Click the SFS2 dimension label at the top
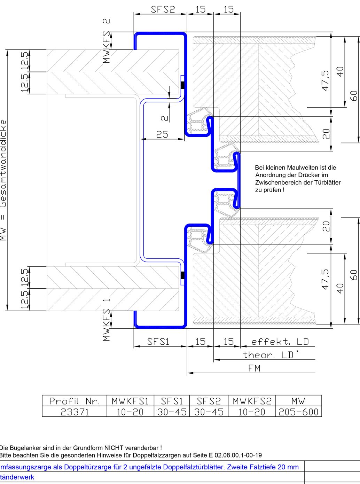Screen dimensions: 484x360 point(163,9)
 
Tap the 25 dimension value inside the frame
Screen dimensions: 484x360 point(162,134)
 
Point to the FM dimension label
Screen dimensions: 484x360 point(254,368)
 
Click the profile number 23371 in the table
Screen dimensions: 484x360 point(75,412)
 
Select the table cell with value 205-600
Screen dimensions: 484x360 point(298,412)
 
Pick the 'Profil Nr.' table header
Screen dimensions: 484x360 point(75,401)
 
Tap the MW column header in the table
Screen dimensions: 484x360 point(298,401)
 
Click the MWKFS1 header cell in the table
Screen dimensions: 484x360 point(130,401)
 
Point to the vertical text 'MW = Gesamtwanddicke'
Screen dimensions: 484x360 point(3,180)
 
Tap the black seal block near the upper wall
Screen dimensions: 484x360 point(182,85)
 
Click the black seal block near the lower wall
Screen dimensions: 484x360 point(182,276)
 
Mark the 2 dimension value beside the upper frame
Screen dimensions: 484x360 point(164,118)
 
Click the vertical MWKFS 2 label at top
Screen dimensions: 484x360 point(107,41)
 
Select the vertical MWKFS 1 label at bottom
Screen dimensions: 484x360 point(107,320)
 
